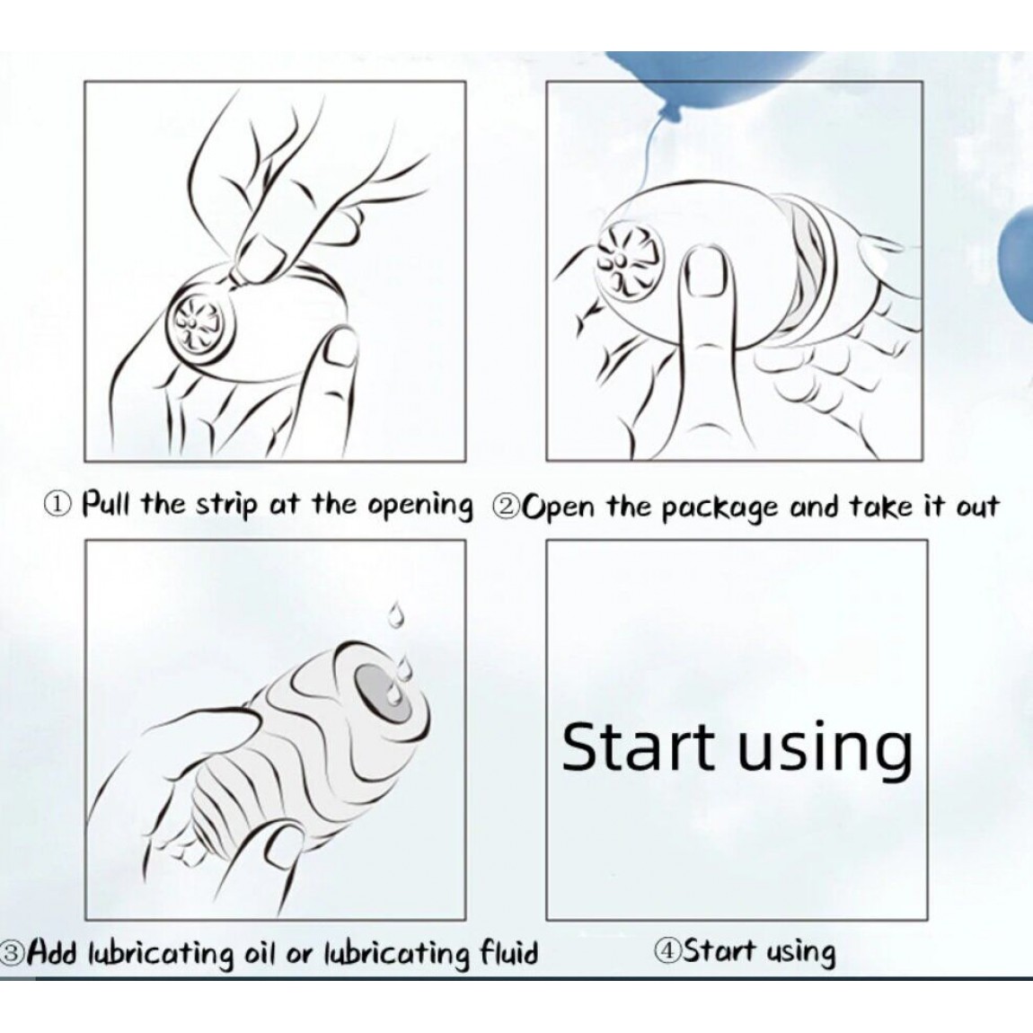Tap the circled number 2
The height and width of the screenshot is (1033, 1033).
click(506, 507)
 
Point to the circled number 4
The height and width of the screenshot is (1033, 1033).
click(667, 950)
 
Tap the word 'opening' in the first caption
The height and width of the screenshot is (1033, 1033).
click(420, 506)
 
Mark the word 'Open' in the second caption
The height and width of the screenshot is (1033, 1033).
click(558, 508)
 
